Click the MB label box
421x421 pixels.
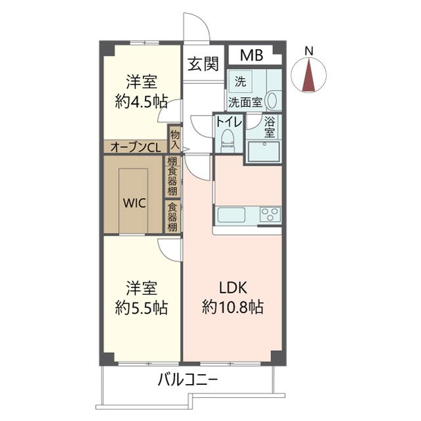tap(249, 55)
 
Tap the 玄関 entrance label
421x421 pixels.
tap(203, 64)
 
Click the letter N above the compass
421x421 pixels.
tap(310, 51)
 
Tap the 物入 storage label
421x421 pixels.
tap(174, 139)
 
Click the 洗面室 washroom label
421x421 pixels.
tap(245, 103)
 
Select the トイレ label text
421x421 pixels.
tap(228, 122)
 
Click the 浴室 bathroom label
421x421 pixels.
tap(270, 126)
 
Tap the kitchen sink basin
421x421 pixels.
tap(230, 215)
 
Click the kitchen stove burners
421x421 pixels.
tap(270, 214)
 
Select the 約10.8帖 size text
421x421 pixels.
tap(234, 307)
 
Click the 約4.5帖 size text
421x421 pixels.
tap(141, 101)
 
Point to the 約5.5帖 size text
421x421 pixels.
tap(141, 307)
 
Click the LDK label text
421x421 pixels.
tap(234, 287)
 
